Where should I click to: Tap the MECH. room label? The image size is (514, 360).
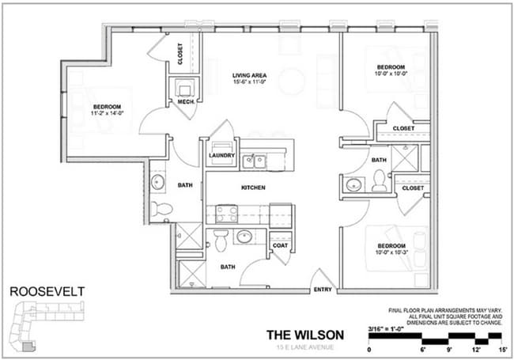tap(186, 102)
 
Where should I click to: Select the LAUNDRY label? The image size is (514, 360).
tap(221, 156)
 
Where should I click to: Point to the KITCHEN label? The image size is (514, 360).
tap(253, 188)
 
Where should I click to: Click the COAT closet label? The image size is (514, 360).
tap(281, 244)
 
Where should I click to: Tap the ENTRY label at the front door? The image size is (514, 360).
tap(322, 290)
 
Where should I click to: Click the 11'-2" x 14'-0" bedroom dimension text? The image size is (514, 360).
tap(107, 114)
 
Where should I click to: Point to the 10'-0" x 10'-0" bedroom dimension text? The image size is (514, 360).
tap(390, 74)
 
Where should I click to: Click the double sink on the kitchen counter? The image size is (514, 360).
tap(254, 161)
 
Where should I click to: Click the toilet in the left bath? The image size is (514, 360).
tap(161, 210)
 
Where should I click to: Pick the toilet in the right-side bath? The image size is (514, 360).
tap(380, 180)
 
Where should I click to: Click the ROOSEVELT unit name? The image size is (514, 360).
tap(47, 291)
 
